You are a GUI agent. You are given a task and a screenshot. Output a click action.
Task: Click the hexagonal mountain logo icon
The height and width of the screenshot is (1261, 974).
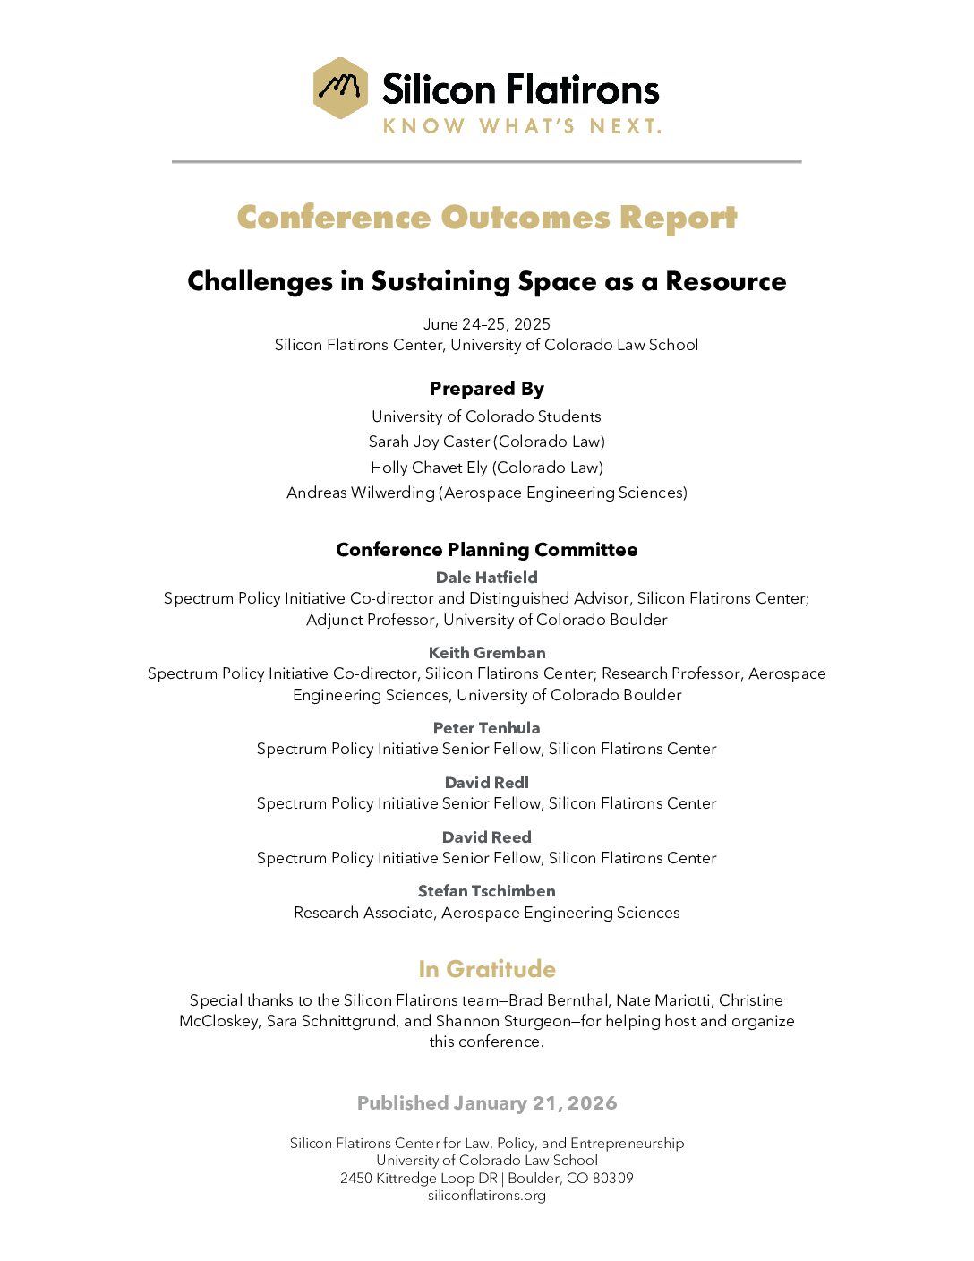pyautogui.click(x=340, y=88)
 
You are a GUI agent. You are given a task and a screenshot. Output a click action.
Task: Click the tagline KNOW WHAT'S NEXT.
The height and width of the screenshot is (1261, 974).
pyautogui.click(x=522, y=126)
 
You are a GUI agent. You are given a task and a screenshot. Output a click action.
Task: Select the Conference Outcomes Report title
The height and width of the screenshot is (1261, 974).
pyautogui.click(x=487, y=218)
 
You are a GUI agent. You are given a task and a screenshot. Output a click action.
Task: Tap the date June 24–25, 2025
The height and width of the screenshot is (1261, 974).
pyautogui.click(x=487, y=324)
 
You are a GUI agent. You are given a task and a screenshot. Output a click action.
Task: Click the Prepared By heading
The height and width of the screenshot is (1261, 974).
pyautogui.click(x=487, y=389)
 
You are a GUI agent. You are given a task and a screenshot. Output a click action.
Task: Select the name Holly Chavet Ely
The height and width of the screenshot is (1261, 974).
pyautogui.click(x=429, y=468)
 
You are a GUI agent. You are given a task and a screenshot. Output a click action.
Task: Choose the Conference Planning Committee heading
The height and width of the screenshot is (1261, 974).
pyautogui.click(x=487, y=550)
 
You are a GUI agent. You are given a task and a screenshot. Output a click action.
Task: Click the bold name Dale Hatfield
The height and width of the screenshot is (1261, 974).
pyautogui.click(x=487, y=578)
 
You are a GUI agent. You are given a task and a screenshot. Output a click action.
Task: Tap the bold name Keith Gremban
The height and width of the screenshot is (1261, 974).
pyautogui.click(x=487, y=653)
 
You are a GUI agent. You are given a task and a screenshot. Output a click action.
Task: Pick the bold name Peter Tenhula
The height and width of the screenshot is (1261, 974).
pyautogui.click(x=487, y=728)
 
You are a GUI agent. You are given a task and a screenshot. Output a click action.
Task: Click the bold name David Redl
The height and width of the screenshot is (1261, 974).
pyautogui.click(x=487, y=783)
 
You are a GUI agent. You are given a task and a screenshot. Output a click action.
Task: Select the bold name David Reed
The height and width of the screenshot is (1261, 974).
pyautogui.click(x=487, y=837)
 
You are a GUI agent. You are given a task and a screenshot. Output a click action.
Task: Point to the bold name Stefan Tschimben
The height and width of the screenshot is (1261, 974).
pyautogui.click(x=487, y=891)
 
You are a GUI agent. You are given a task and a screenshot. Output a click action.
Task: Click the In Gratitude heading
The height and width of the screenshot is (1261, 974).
pyautogui.click(x=487, y=969)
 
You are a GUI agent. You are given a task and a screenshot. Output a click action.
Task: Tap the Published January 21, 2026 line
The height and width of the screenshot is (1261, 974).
pyautogui.click(x=487, y=1103)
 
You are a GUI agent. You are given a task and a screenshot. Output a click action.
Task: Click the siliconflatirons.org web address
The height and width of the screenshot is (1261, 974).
pyautogui.click(x=487, y=1196)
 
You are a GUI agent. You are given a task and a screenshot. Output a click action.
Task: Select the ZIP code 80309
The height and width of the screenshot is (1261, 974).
pyautogui.click(x=613, y=1179)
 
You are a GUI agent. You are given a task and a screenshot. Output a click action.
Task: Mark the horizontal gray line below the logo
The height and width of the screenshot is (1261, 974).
pyautogui.click(x=487, y=162)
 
